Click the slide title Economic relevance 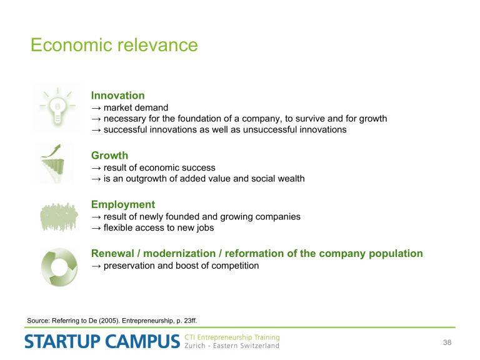click(114, 45)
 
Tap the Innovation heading click(118, 96)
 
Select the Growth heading click(109, 156)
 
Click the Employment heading click(123, 204)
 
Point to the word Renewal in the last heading click(112, 254)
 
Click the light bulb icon click(57, 107)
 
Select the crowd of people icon click(59, 216)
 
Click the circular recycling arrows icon click(59, 267)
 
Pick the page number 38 click(447, 342)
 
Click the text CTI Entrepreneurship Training click(232, 337)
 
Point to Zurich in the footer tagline click(195, 346)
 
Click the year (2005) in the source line click(109, 321)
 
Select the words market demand click(136, 107)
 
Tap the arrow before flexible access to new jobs click(96, 228)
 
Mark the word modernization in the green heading click(179, 254)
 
